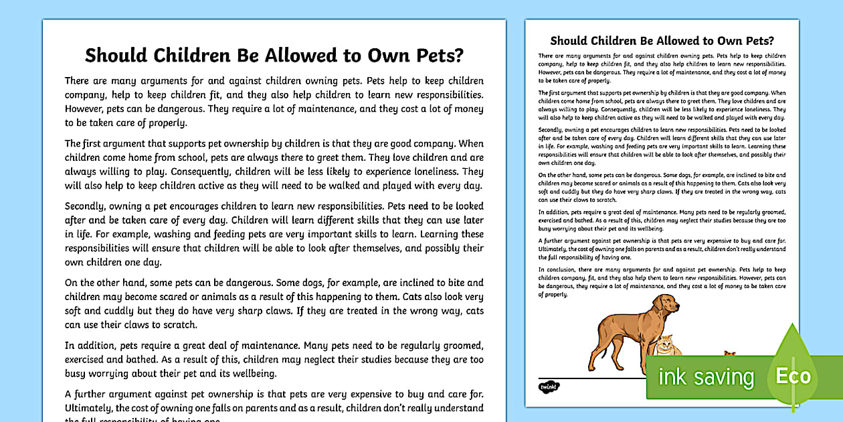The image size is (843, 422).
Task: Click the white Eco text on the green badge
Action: pyautogui.click(x=793, y=376)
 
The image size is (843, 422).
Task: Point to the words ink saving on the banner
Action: pyautogui.click(x=705, y=377)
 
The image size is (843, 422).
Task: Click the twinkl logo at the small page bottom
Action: pyautogui.click(x=548, y=387)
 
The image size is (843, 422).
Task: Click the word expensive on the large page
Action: pyautogui.click(x=360, y=393)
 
